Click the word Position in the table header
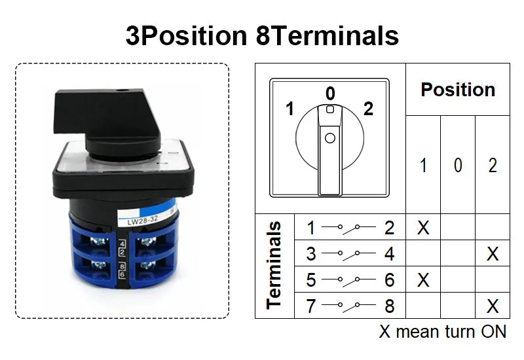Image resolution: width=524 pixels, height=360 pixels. click(458, 90)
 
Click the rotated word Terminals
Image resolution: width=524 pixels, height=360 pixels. click(274, 264)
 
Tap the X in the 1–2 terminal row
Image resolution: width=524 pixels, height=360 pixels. click(423, 228)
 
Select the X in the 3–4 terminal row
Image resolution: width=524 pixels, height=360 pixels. click(493, 254)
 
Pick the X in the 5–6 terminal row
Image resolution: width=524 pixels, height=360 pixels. click(423, 280)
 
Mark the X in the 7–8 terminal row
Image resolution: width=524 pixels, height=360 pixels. click(493, 306)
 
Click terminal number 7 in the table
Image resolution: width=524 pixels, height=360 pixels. click(311, 306)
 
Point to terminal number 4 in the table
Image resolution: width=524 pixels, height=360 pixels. click(390, 254)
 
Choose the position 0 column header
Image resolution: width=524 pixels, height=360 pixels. click(458, 166)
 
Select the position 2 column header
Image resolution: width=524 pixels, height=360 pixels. click(493, 166)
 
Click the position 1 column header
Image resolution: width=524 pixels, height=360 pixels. click(423, 166)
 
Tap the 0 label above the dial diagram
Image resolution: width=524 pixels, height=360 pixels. click(330, 94)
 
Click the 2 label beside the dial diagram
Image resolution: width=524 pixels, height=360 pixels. click(368, 109)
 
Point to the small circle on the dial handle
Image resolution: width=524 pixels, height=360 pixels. click(330, 138)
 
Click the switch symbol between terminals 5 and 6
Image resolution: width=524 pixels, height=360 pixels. click(350, 280)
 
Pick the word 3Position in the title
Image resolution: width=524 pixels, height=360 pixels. click(185, 35)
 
